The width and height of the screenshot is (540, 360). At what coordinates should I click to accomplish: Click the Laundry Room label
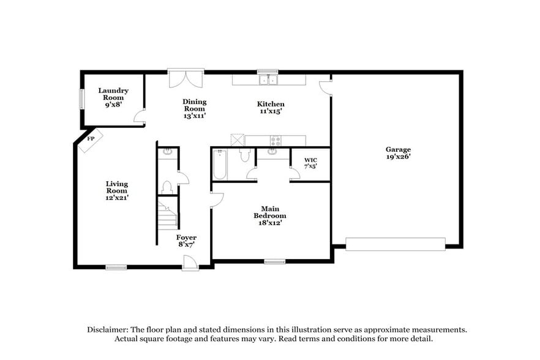(113, 97)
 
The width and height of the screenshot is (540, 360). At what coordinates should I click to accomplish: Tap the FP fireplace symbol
(89, 140)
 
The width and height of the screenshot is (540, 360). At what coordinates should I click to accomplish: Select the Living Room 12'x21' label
(116, 190)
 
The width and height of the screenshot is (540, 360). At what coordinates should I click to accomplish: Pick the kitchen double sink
(268, 80)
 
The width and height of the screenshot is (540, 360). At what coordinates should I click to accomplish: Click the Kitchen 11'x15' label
(270, 108)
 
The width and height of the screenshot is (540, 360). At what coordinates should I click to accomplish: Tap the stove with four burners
(276, 140)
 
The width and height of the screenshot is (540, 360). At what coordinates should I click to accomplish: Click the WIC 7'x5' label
(310, 163)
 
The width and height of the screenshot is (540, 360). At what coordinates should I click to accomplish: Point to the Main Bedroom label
(270, 216)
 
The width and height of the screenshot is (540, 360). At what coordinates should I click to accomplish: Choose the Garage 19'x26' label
(398, 152)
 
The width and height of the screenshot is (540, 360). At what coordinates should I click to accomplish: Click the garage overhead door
(396, 244)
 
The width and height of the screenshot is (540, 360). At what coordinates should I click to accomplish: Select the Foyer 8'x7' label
(186, 241)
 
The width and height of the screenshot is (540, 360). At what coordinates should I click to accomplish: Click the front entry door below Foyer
(190, 263)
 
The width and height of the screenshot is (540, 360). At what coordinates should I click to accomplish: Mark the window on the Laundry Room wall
(81, 100)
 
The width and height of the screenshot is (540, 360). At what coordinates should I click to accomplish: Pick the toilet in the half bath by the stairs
(166, 186)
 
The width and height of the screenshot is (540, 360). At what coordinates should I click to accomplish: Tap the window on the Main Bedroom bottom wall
(275, 261)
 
